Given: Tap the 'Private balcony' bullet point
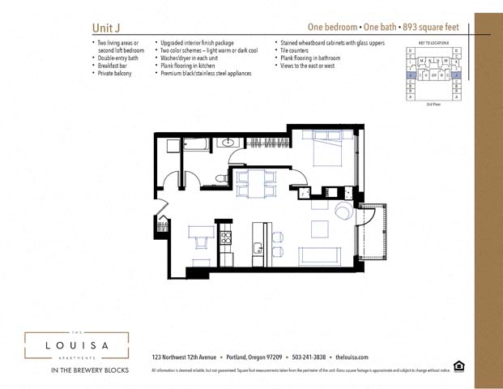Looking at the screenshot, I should click(115, 73).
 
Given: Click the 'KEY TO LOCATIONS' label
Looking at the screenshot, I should click(434, 41).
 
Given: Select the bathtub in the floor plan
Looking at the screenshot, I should click(198, 145).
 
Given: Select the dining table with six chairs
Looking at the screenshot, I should click(255, 183).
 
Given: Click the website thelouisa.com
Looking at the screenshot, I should click(352, 357).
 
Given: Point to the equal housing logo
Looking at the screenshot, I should click(459, 366).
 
